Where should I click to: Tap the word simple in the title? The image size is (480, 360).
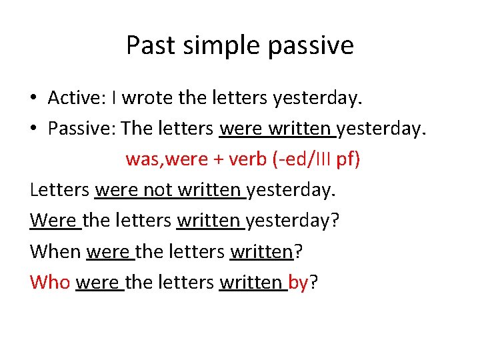click(212, 45)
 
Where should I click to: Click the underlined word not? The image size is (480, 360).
click(159, 190)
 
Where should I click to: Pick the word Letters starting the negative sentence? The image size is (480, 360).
click(59, 190)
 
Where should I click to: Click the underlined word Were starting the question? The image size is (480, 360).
click(53, 221)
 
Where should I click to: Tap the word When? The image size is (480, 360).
click(55, 251)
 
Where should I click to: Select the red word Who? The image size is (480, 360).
click(49, 282)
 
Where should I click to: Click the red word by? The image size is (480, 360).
click(299, 283)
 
